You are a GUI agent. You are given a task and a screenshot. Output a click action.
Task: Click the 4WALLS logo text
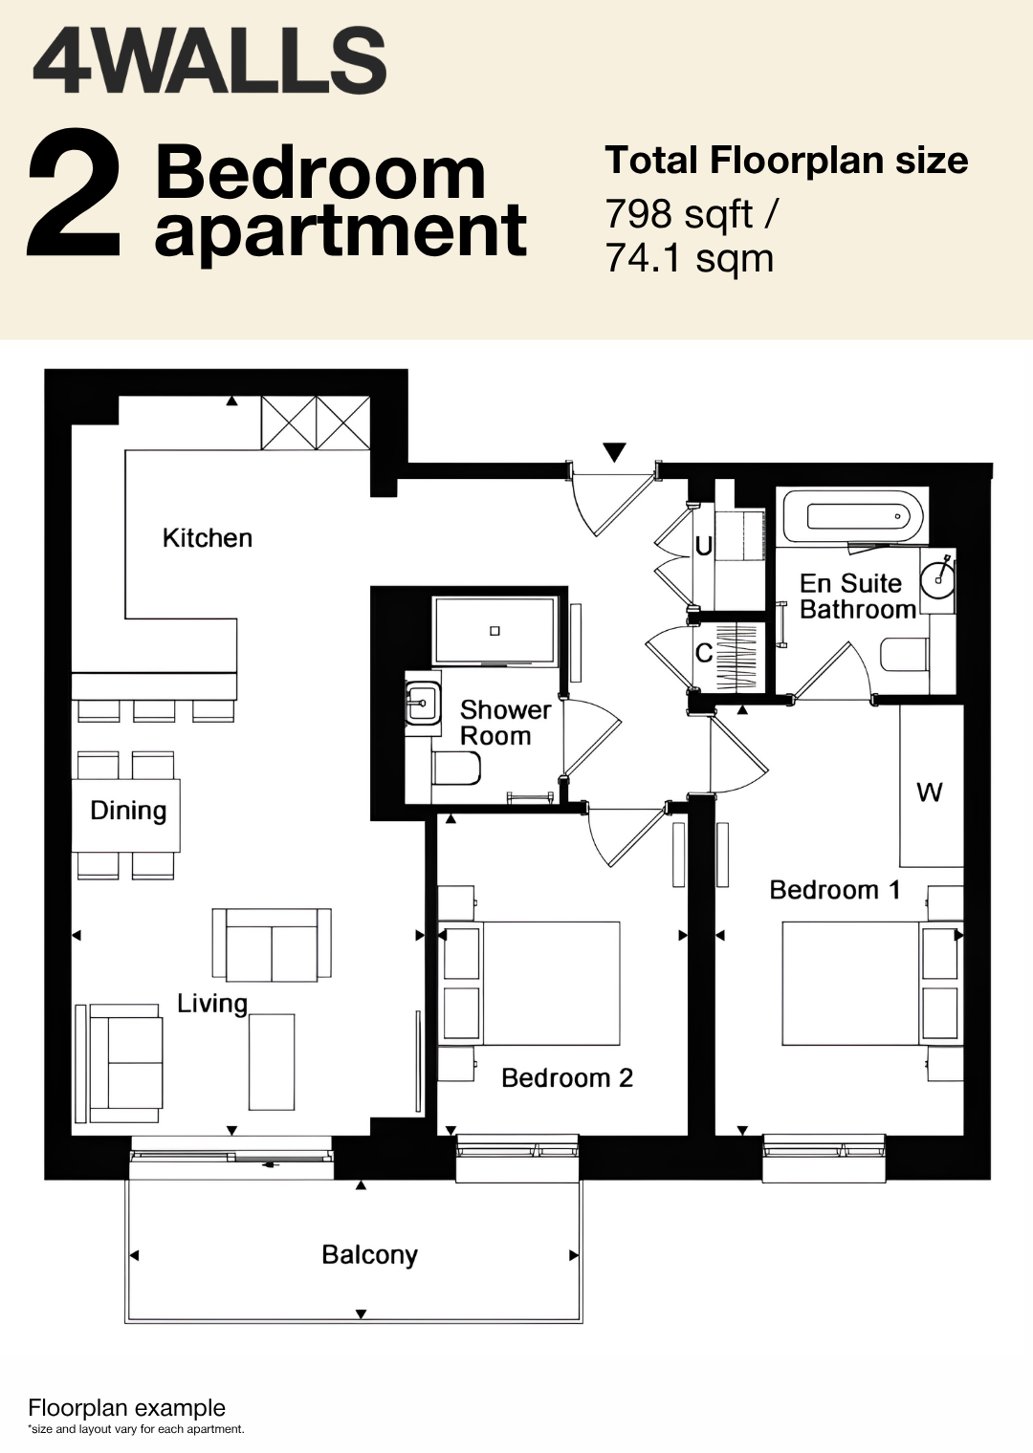(x=209, y=62)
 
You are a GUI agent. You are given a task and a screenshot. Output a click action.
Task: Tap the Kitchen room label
(x=207, y=538)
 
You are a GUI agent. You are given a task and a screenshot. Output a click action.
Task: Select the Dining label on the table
(x=128, y=811)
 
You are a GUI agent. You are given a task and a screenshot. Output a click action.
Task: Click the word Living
(x=213, y=1004)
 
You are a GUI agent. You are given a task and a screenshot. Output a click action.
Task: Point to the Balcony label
(x=370, y=1254)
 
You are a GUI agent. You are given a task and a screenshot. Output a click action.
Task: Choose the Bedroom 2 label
(x=567, y=1078)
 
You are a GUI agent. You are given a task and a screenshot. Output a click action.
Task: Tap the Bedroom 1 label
(x=835, y=890)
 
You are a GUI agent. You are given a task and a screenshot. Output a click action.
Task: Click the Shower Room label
(x=505, y=723)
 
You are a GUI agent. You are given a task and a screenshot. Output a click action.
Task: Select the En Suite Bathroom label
(x=858, y=596)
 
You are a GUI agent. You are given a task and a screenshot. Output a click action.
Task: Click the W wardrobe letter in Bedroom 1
(x=929, y=792)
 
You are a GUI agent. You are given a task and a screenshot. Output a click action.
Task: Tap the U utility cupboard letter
(x=704, y=547)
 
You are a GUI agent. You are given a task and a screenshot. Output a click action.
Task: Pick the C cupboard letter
(x=704, y=653)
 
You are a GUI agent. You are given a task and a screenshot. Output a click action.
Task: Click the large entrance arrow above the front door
(x=614, y=451)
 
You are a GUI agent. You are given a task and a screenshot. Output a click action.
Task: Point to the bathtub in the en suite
(x=854, y=517)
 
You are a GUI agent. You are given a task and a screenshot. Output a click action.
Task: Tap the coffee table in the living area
(x=272, y=1062)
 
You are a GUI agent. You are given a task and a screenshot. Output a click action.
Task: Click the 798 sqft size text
(x=691, y=214)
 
